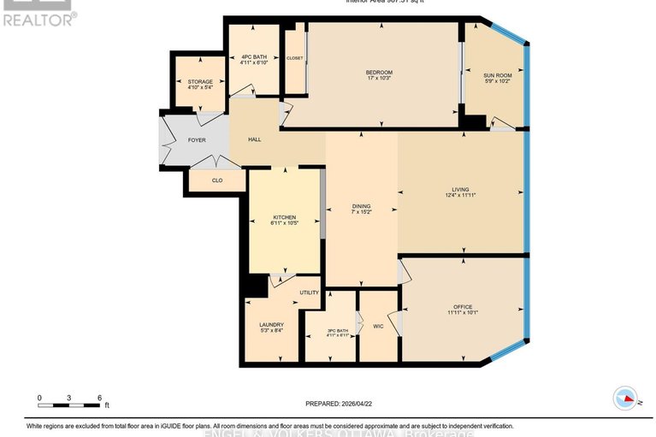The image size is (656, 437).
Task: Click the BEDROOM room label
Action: tap(378, 72)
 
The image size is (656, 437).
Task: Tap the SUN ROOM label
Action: tap(498, 76)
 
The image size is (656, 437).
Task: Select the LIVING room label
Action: tap(461, 190)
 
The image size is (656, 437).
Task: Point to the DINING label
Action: tap(362, 206)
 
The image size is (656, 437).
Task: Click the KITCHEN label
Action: tap(284, 218)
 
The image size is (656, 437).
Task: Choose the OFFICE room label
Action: tap(463, 306)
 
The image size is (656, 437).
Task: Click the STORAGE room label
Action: tap(200, 82)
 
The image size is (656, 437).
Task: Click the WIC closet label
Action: tap(377, 326)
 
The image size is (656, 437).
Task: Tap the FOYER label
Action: tap(197, 139)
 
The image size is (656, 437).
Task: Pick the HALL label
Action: tap(254, 139)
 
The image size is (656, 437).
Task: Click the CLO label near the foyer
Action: tap(216, 180)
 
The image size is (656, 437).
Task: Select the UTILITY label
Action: tap(309, 292)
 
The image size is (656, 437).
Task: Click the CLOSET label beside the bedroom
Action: tap(295, 58)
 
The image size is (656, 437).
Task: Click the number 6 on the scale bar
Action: tap(100, 398)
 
